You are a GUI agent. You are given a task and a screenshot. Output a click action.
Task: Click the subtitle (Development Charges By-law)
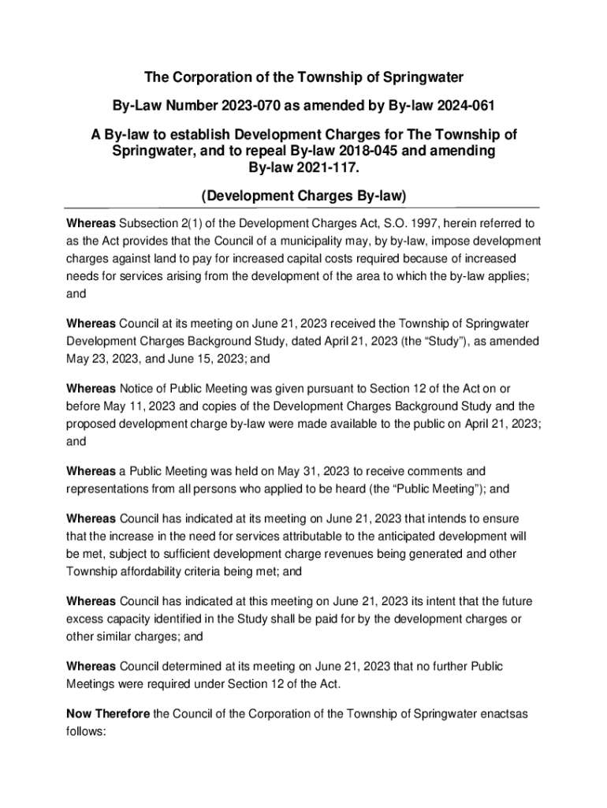pos(303,195)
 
